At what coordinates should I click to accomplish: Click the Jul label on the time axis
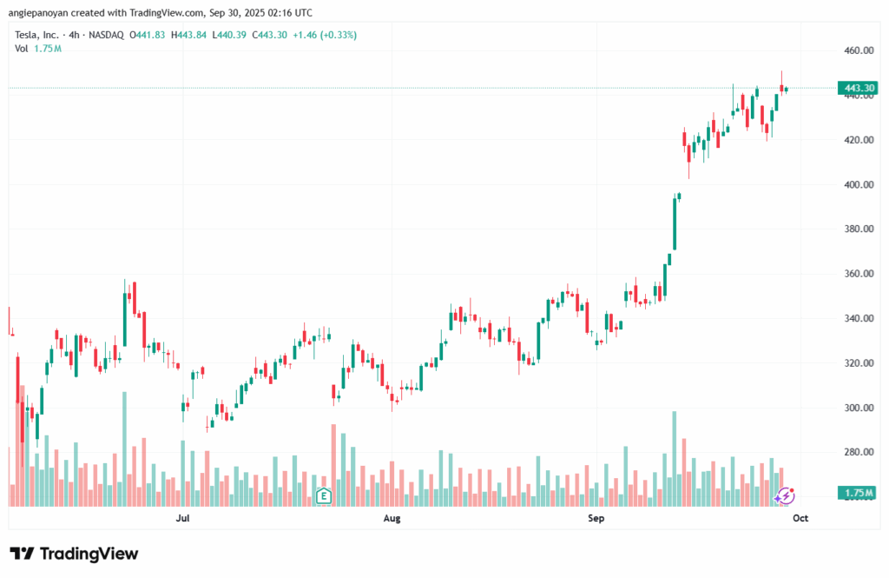[182, 519]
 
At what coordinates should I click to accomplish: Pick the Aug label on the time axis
[392, 519]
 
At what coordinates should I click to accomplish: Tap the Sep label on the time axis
[596, 519]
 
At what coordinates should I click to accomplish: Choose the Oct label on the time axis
[800, 519]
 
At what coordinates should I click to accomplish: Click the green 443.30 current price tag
[855, 88]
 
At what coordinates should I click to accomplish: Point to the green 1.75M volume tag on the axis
[855, 494]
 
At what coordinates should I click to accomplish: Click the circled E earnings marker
[324, 496]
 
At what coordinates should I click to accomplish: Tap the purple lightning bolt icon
[785, 495]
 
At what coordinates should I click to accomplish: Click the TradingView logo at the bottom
[74, 554]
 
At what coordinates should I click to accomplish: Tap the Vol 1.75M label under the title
[37, 49]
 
